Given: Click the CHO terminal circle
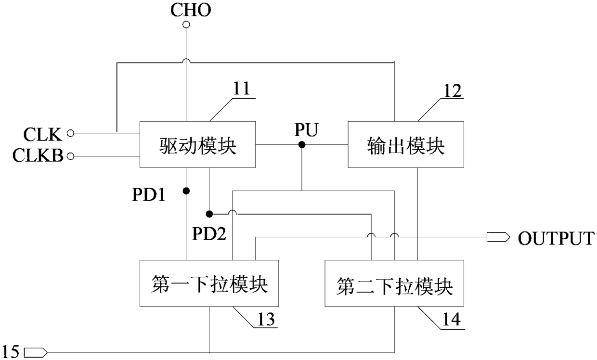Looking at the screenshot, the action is point(186,25).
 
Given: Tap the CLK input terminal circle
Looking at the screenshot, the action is point(70,133).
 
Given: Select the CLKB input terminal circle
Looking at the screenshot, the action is point(70,156).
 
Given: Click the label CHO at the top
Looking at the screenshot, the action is point(191,10).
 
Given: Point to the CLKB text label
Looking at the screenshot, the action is point(38,155).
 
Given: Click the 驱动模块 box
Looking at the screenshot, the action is point(197,144).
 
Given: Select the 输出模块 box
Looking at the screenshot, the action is point(406,144).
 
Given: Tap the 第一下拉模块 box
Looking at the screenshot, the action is point(209,283).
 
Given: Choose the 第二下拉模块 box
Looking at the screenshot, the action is point(394,283).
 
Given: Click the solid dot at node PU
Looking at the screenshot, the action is point(302,145).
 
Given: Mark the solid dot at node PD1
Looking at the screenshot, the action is point(186,191).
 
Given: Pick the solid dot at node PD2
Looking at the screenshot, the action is point(209,214).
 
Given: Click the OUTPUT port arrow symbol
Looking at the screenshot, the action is point(498,237).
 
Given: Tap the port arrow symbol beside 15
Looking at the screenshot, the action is point(36,352).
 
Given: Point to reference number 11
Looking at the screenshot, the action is point(242,89).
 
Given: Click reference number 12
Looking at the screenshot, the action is point(452,91).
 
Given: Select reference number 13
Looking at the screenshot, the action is point(266,319).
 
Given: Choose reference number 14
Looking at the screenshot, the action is point(451,319).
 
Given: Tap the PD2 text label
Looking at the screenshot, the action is point(209,234).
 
